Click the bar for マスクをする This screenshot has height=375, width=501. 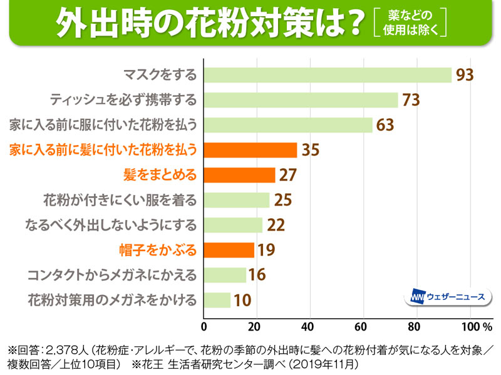(328, 75)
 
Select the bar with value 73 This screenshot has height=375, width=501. (301, 100)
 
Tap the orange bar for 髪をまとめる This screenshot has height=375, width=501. (240, 175)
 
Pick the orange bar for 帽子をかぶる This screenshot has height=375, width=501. (229, 250)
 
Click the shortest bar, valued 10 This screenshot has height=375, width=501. (217, 300)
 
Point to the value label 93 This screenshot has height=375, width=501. (465, 75)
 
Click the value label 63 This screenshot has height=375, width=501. (385, 125)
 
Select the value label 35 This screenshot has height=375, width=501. (310, 150)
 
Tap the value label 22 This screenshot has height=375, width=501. (276, 225)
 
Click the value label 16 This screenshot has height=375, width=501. (258, 275)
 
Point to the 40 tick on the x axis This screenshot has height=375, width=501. (308, 326)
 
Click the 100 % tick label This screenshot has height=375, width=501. (477, 326)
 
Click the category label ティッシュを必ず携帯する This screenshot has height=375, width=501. (123, 100)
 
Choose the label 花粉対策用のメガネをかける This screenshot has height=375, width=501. (112, 300)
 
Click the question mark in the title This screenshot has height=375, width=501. (353, 24)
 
